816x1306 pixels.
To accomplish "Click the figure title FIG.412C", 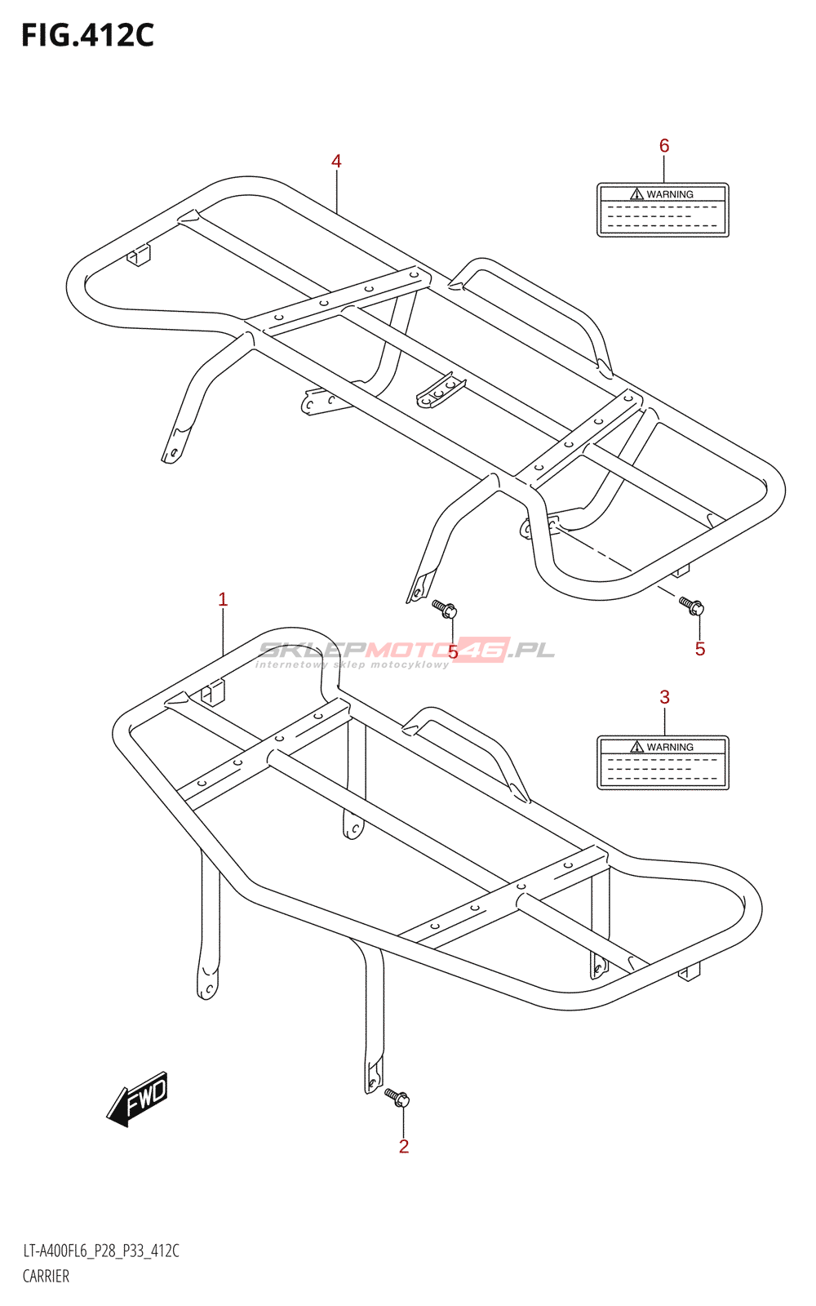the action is pyautogui.click(x=87, y=35).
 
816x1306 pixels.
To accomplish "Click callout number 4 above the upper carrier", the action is pyautogui.click(x=336, y=162).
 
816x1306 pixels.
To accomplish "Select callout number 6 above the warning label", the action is pyautogui.click(x=664, y=146).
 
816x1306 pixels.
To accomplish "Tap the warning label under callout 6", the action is pyautogui.click(x=663, y=211).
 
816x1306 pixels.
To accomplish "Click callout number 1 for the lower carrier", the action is pyautogui.click(x=223, y=600).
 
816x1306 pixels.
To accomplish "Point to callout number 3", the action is pyautogui.click(x=664, y=697).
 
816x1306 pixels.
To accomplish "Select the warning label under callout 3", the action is pyautogui.click(x=663, y=763).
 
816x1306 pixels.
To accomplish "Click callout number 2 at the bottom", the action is pyautogui.click(x=404, y=1147).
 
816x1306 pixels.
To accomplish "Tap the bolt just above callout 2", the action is pyautogui.click(x=397, y=1098).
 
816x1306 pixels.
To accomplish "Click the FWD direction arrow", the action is pyautogui.click(x=138, y=1099).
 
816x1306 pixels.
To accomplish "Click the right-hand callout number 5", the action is pyautogui.click(x=700, y=649).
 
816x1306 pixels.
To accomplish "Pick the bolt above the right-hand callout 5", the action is pyautogui.click(x=691, y=606).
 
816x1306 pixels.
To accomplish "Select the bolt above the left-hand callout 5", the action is pyautogui.click(x=445, y=608).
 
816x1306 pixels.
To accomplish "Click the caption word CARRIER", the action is pyautogui.click(x=46, y=1277).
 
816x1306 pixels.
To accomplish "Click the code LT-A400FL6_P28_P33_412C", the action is pyautogui.click(x=101, y=1251).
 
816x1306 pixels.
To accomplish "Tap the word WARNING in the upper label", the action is pyautogui.click(x=670, y=194).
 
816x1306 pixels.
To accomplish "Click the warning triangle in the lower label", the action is pyautogui.click(x=637, y=747).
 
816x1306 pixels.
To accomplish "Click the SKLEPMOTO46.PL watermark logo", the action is pyautogui.click(x=406, y=651).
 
